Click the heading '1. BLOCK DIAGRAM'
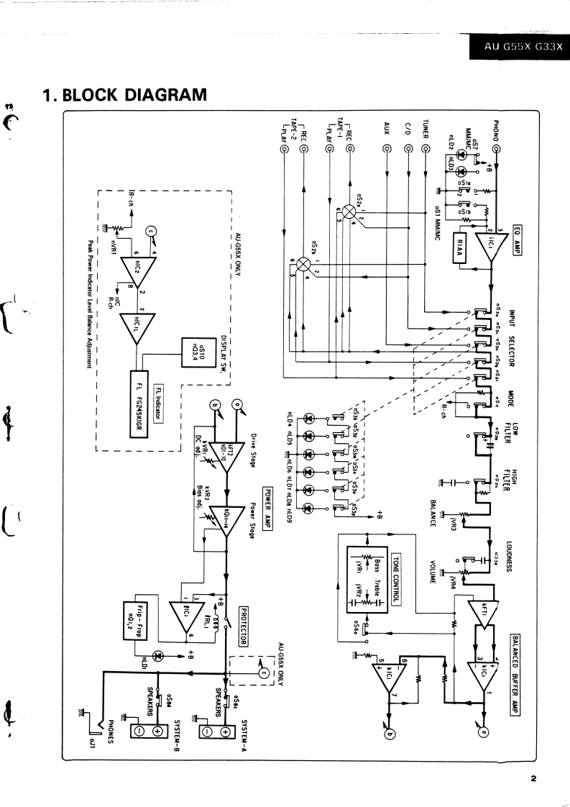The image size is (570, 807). (x=124, y=95)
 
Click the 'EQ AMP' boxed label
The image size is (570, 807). (x=516, y=236)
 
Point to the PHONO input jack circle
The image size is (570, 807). (x=496, y=150)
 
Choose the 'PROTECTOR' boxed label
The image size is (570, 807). (x=244, y=617)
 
